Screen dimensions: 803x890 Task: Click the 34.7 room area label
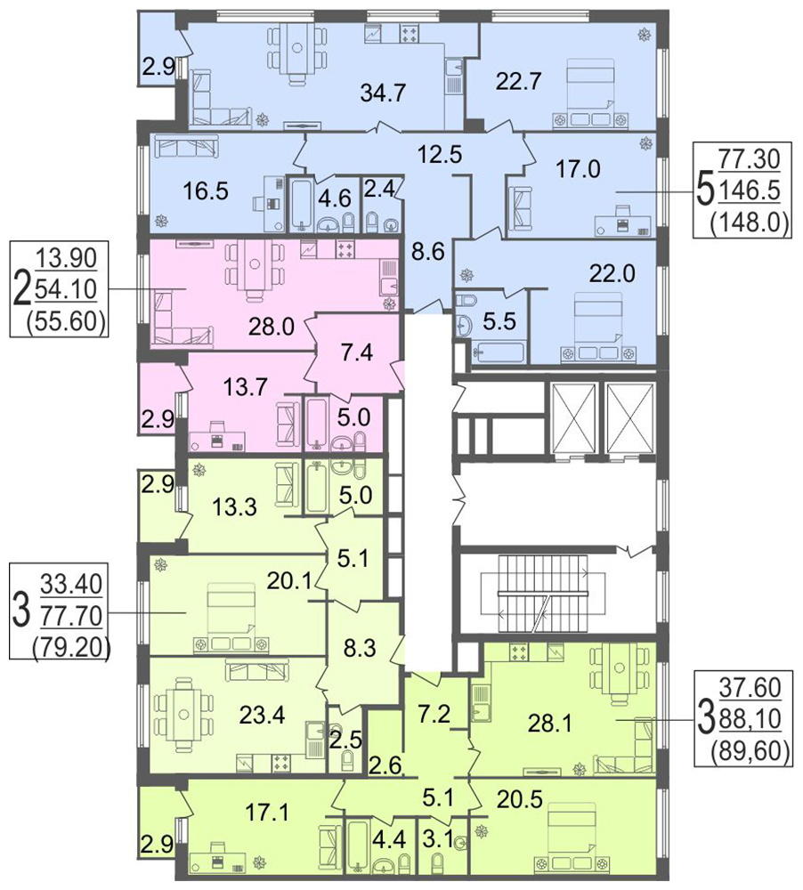coord(384,92)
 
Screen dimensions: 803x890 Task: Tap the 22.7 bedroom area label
coord(518,81)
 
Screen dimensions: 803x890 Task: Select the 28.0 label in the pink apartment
coord(272,327)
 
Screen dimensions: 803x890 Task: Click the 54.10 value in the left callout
coord(66,290)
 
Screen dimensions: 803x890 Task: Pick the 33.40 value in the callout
coord(71,584)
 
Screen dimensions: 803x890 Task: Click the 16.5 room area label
coord(206,191)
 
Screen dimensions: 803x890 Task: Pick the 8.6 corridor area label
coord(427,251)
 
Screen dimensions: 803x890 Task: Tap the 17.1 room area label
coord(267,813)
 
